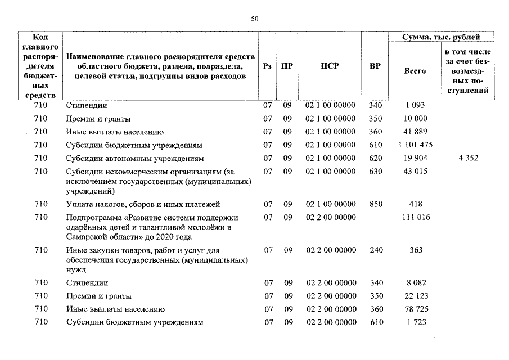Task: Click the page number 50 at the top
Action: click(x=254, y=19)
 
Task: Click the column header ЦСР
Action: click(x=330, y=66)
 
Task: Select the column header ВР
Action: click(x=375, y=66)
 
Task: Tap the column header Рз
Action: click(x=268, y=66)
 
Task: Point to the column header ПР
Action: click(x=287, y=66)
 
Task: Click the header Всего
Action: click(x=415, y=71)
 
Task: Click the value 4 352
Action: click(x=468, y=158)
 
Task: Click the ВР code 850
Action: click(x=376, y=204)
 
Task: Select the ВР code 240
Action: click(x=376, y=250)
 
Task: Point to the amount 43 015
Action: click(x=416, y=171)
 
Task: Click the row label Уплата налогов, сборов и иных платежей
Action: click(x=143, y=204)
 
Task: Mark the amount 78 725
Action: click(x=416, y=309)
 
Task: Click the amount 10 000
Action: click(x=416, y=119)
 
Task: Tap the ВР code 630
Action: click(x=376, y=171)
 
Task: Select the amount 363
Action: click(x=416, y=250)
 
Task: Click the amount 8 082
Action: click(x=416, y=282)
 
